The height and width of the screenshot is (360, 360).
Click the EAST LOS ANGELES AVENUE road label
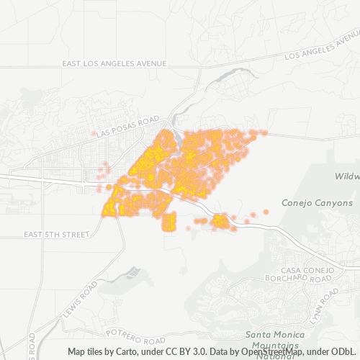point(114,63)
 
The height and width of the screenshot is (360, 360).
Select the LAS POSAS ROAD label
point(127,127)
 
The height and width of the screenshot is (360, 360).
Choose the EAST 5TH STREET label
point(55,235)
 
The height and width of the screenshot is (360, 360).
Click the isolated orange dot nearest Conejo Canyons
point(266,212)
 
